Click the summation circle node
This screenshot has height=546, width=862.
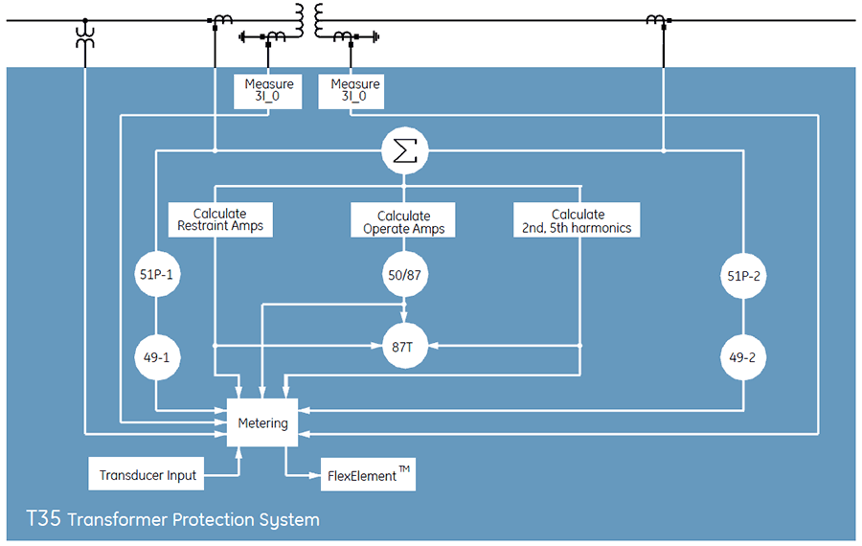tap(405, 150)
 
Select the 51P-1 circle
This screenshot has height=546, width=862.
tap(155, 276)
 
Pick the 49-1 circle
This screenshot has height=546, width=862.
tap(155, 358)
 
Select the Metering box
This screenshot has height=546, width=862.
tap(261, 422)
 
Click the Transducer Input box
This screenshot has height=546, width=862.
tap(147, 474)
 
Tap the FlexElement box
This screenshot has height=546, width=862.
tap(368, 474)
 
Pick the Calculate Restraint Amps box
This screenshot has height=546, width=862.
tap(220, 219)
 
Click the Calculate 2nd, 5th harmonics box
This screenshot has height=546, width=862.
tap(578, 220)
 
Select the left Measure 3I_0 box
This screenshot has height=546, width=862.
tap(268, 91)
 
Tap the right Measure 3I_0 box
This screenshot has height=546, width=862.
tap(354, 91)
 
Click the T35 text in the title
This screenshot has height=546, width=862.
tap(44, 520)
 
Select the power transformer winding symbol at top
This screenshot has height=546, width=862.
tap(308, 20)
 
